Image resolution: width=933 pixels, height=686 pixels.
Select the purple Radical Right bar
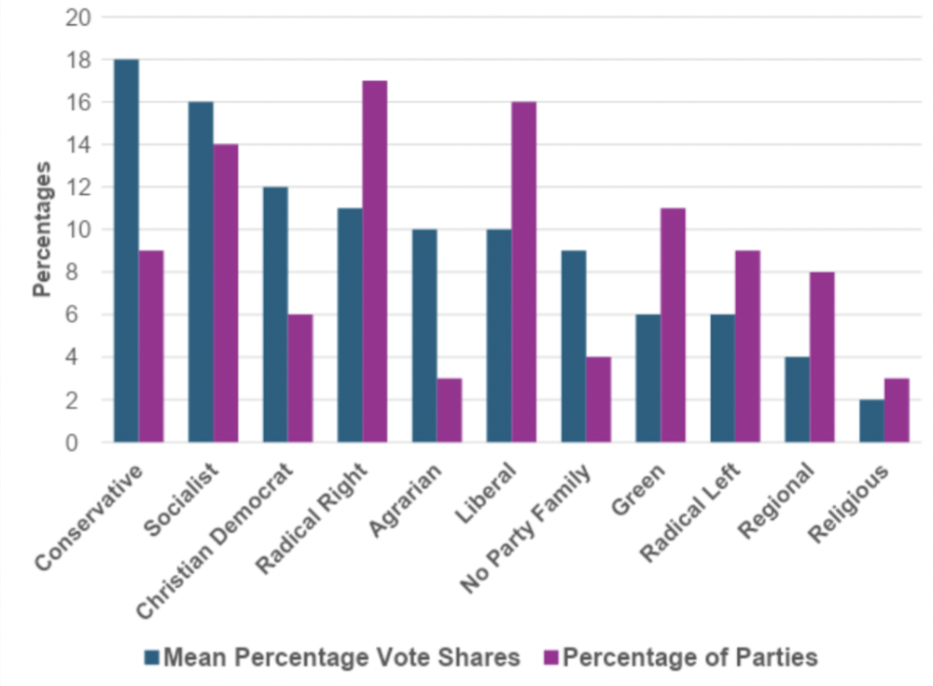coord(375,261)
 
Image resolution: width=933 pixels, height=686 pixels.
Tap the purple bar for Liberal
coord(524,272)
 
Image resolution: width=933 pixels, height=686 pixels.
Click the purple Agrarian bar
coord(450,410)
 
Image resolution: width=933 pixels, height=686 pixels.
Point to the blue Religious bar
coord(871,421)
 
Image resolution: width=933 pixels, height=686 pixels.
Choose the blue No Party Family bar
coord(574,346)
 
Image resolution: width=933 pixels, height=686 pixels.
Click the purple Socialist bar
coord(226,293)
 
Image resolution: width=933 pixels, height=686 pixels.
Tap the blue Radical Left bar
coord(722,378)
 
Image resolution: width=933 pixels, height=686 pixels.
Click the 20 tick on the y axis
coord(78,18)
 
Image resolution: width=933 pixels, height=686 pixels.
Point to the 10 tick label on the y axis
coord(78,230)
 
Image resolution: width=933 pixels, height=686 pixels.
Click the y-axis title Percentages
coord(41,230)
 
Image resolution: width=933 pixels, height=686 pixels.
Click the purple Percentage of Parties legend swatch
coord(550,657)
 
